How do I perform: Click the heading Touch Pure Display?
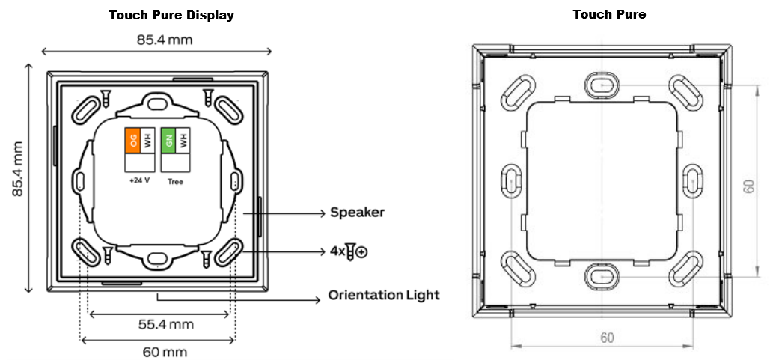point(171,16)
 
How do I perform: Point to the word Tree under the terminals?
point(175,182)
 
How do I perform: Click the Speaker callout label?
point(357,213)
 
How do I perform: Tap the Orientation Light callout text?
point(384,295)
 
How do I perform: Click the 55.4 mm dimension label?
point(165,325)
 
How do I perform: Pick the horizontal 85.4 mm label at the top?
point(165,40)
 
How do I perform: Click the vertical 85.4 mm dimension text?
point(19,169)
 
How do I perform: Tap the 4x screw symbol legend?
point(349,251)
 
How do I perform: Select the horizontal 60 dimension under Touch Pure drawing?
point(607,338)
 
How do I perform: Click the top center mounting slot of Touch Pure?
point(602,85)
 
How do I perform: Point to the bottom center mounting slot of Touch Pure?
point(602,277)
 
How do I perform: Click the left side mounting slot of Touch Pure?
point(511,181)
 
